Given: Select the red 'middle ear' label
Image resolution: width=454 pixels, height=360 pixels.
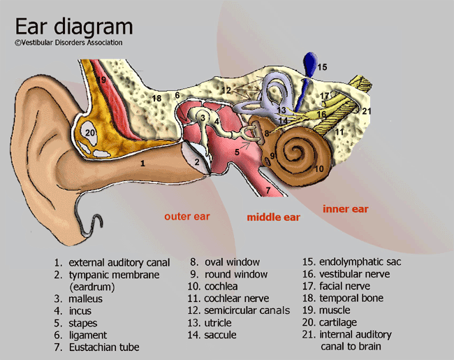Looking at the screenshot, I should coord(273,217).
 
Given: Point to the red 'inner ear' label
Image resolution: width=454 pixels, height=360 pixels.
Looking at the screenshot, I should coord(345,209).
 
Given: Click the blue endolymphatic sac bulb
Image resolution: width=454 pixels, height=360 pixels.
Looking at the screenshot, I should coord(308,64).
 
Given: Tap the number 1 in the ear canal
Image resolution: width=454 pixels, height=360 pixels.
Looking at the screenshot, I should coord(142,163).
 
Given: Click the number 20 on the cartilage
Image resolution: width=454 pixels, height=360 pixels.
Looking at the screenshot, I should coord(89,131).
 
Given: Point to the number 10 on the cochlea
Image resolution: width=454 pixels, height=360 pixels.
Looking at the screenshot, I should coord(318,168).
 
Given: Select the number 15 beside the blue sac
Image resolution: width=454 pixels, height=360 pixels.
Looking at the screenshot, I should coord(322,68).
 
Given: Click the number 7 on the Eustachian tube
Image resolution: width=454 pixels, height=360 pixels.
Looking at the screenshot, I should coord(268,190).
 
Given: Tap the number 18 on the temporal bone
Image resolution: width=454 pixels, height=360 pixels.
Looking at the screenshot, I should coord(157,97).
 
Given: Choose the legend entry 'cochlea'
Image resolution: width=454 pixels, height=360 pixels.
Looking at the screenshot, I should coord(221,287).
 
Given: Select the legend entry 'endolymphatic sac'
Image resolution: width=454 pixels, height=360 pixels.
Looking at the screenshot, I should coord(349,262).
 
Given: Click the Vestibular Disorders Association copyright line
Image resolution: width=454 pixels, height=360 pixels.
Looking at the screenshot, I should coord(68,43).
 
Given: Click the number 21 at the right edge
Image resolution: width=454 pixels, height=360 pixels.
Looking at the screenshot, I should coord(367,111).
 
